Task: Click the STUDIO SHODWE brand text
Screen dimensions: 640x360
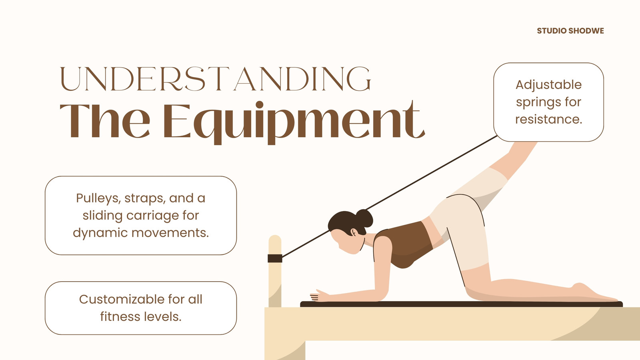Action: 570,31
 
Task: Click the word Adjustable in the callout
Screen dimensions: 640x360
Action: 548,85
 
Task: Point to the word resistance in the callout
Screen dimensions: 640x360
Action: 548,119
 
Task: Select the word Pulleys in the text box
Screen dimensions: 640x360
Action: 98,198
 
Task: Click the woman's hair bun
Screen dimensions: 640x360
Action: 364,218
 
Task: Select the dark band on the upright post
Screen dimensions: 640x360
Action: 275,258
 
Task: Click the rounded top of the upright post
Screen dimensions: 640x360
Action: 275,240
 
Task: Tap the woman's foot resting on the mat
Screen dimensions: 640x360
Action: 594,293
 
